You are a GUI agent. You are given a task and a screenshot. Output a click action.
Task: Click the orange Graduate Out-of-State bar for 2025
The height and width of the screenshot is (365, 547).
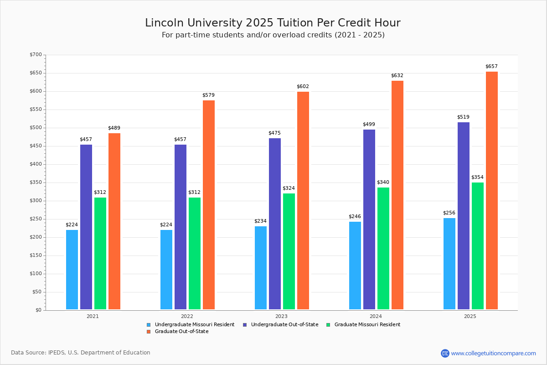pyautogui.click(x=491, y=190)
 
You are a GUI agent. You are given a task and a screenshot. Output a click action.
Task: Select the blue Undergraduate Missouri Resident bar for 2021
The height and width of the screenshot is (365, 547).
pyautogui.click(x=72, y=270)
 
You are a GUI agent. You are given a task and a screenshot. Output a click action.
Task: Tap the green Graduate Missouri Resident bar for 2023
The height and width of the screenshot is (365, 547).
pyautogui.click(x=289, y=251)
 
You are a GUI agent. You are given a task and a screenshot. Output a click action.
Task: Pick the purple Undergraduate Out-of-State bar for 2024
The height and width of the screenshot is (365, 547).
pyautogui.click(x=369, y=219)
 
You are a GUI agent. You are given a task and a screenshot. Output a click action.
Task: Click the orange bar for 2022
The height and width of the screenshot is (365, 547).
pyautogui.click(x=209, y=205)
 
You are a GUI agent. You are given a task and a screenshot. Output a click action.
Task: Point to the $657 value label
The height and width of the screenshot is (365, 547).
pyautogui.click(x=491, y=66)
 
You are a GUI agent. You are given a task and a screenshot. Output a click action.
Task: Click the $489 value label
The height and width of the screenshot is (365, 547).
pyautogui.click(x=114, y=128)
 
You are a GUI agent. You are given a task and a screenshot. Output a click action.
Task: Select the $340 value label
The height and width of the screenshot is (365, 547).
pyautogui.click(x=383, y=182)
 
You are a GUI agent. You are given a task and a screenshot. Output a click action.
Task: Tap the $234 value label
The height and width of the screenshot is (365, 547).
pyautogui.click(x=261, y=221)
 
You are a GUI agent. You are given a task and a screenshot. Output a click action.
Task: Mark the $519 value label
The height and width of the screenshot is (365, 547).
pyautogui.click(x=463, y=117)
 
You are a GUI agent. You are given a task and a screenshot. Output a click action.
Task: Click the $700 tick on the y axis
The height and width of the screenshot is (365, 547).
pyautogui.click(x=36, y=54)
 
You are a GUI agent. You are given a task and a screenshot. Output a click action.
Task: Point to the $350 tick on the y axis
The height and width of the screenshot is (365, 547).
pyautogui.click(x=36, y=182)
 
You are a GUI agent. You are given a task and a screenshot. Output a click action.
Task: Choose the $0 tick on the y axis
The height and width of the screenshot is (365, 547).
pyautogui.click(x=39, y=310)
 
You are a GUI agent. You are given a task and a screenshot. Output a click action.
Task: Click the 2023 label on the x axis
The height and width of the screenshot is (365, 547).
pyautogui.click(x=281, y=316)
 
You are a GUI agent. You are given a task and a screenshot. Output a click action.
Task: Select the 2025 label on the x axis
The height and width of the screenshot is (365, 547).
pyautogui.click(x=470, y=316)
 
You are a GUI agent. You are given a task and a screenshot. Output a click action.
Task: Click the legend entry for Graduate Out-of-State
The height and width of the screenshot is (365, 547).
pyautogui.click(x=178, y=332)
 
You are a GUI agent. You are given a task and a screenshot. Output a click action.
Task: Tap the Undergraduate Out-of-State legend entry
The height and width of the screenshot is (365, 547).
pyautogui.click(x=281, y=325)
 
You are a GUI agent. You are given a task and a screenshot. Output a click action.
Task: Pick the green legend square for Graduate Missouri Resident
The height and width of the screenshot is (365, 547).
pyautogui.click(x=329, y=325)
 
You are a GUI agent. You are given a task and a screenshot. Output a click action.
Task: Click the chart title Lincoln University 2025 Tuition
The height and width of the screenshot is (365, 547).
pyautogui.click(x=273, y=23)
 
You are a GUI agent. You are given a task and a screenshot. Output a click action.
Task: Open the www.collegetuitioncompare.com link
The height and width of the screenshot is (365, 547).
pyautogui.click(x=493, y=353)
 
